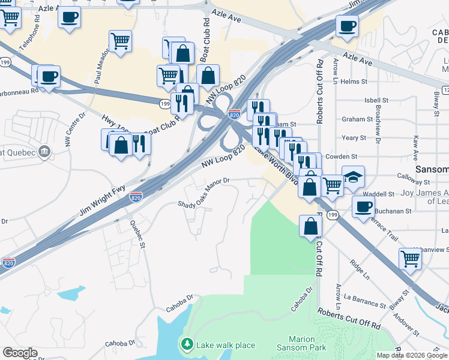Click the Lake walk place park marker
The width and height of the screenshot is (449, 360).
187,344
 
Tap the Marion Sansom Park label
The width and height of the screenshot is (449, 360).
301,343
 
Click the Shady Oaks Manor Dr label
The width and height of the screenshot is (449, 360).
204,193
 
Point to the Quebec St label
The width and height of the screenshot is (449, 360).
138,233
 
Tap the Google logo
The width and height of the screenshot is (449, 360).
20,353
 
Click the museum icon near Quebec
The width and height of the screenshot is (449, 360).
44,152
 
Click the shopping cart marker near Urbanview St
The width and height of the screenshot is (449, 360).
410,260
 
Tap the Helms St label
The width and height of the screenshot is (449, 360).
354,82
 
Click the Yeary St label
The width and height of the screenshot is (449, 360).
354,137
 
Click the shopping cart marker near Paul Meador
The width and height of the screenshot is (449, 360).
120,41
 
